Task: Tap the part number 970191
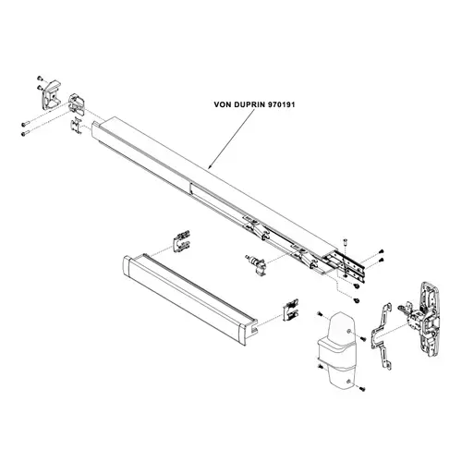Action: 282,104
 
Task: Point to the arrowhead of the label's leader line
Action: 210,167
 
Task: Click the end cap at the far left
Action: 51,94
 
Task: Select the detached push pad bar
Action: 190,298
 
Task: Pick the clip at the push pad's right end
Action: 290,310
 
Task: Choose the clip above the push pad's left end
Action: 181,241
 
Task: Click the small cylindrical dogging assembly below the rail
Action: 255,264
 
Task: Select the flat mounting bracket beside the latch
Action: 382,336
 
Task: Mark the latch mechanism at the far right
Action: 422,319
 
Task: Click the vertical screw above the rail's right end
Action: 345,242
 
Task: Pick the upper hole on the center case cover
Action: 348,331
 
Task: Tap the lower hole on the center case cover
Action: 348,382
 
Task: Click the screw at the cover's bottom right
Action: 362,389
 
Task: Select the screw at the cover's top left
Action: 320,313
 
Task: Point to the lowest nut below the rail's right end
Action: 357,300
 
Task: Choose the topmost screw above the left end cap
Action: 40,78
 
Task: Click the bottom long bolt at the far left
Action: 26,134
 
